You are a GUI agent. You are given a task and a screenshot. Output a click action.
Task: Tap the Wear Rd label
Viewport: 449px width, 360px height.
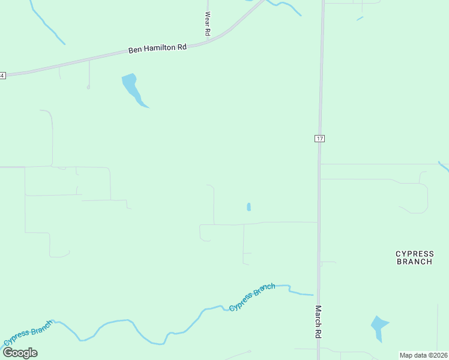[208, 23]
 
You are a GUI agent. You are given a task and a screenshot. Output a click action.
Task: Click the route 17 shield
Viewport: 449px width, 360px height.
[319, 139]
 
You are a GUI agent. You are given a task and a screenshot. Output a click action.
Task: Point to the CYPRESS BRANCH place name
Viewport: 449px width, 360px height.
[414, 257]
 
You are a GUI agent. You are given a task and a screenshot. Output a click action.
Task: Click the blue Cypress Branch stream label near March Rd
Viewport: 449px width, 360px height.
[252, 297]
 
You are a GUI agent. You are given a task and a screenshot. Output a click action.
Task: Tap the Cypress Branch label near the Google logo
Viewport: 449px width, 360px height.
[29, 333]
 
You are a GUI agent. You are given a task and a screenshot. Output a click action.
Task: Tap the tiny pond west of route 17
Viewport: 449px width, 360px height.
[249, 207]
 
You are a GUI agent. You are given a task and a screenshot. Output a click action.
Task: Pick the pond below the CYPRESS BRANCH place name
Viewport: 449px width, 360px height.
[379, 327]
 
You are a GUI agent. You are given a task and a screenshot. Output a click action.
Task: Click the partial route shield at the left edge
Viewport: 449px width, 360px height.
[2, 75]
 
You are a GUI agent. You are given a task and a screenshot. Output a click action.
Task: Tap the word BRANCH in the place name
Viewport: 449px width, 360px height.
[414, 262]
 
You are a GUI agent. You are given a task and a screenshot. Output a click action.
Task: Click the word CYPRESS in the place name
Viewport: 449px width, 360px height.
[414, 254]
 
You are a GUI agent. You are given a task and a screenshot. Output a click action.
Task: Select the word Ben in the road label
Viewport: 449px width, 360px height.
[134, 51]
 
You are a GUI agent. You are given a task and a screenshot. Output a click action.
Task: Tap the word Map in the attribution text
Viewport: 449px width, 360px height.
[406, 355]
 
